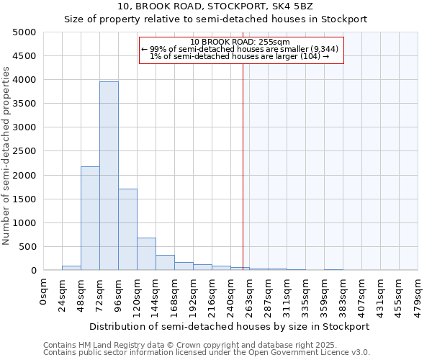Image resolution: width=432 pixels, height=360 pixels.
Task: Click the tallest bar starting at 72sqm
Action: pyautogui.click(x=109, y=176)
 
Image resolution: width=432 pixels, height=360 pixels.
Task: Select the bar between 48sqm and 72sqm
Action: pyautogui.click(x=90, y=218)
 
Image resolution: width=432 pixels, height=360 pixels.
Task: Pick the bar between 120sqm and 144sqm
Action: pyautogui.click(x=146, y=253)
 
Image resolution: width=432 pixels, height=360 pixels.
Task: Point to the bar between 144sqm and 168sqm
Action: pyautogui.click(x=165, y=263)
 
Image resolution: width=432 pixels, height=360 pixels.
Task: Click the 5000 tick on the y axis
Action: pyautogui.click(x=24, y=32)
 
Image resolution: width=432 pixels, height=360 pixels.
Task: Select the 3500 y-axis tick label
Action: pyautogui.click(x=24, y=104)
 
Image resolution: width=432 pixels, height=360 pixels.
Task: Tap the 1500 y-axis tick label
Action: pyautogui.click(x=24, y=199)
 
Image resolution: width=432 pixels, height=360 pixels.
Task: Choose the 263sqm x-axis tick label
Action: pyautogui.click(x=249, y=294)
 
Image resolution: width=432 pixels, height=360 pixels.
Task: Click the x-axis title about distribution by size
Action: pyautogui.click(x=228, y=326)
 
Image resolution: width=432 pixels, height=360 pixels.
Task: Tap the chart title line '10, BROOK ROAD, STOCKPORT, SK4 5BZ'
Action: pyautogui.click(x=216, y=6)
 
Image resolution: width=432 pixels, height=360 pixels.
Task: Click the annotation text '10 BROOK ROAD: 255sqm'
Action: pyautogui.click(x=241, y=42)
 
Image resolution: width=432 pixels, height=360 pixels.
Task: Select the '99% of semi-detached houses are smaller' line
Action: pyautogui.click(x=241, y=49)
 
